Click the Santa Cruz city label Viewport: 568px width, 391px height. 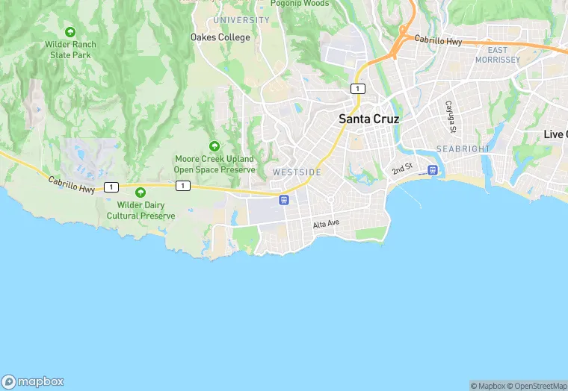pyautogui.click(x=368, y=119)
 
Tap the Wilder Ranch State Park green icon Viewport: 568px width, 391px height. pyautogui.click(x=70, y=32)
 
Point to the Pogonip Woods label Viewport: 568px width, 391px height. pyautogui.click(x=299, y=4)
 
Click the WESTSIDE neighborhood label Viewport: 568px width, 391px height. pyautogui.click(x=297, y=172)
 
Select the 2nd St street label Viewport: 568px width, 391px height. pyautogui.click(x=402, y=170)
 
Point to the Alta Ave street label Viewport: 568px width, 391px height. pyautogui.click(x=326, y=224)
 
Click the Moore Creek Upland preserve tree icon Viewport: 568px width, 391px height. pyautogui.click(x=214, y=146)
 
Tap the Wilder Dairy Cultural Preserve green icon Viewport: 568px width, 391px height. pyautogui.click(x=141, y=193)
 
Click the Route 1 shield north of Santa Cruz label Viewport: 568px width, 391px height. pyautogui.click(x=358, y=89)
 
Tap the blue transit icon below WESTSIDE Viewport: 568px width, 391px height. pyautogui.click(x=284, y=199)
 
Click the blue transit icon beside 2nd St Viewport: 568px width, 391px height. pyautogui.click(x=432, y=170)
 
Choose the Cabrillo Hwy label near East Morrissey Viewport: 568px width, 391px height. pyautogui.click(x=439, y=40)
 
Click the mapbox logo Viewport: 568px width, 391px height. pyautogui.click(x=33, y=381)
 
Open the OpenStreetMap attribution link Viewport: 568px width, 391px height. pyautogui.click(x=536, y=386)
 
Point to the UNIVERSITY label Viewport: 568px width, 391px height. pyautogui.click(x=241, y=20)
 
